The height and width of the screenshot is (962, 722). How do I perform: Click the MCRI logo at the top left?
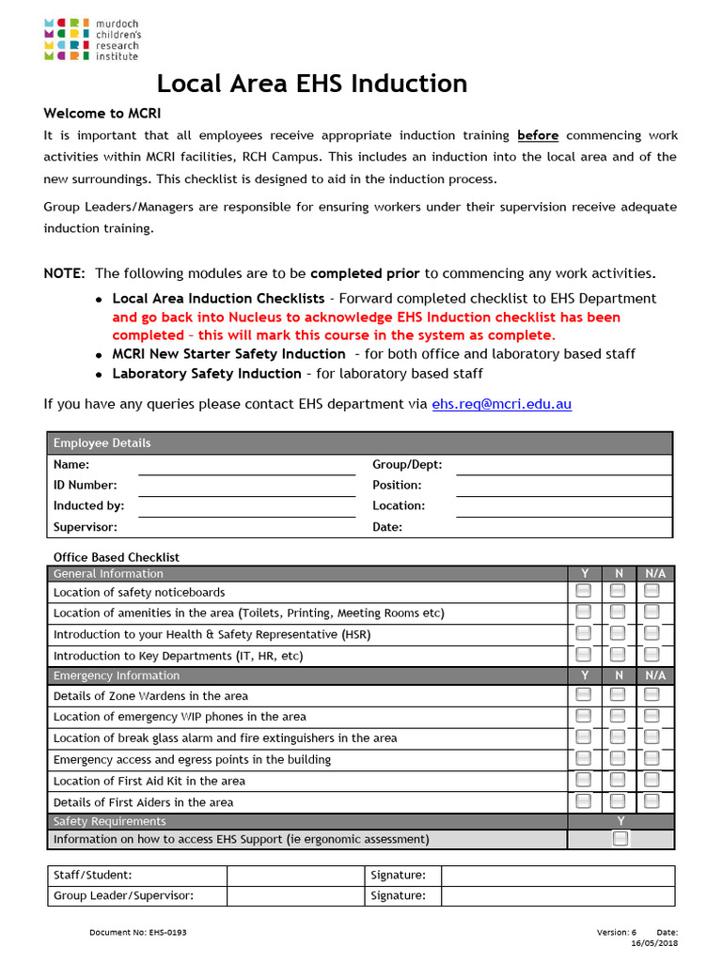pos(90,39)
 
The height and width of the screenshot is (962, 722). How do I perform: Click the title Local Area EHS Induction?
pos(311,84)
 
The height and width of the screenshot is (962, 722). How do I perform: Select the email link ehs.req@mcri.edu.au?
pos(501,404)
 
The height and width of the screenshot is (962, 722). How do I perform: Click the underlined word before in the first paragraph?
pos(538,135)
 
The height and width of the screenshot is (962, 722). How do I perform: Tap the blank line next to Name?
pos(246,465)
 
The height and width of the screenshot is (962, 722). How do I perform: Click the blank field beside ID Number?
pos(246,486)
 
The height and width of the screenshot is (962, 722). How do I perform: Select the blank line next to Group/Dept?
pos(564,465)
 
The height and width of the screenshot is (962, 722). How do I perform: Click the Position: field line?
pos(564,486)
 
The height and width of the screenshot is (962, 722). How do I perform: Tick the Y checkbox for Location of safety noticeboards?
pos(584,591)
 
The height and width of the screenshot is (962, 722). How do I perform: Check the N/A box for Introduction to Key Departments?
pos(651,655)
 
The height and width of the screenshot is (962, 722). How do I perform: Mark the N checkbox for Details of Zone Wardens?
pos(618,695)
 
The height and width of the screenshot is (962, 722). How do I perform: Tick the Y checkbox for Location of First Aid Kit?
pos(584,780)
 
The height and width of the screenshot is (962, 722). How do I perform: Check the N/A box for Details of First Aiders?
pos(651,801)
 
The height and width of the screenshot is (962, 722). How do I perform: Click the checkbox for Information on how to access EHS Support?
pos(620,839)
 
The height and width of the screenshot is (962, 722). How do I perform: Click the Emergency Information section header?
pos(117,675)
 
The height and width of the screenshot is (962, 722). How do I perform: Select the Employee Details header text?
pos(102,443)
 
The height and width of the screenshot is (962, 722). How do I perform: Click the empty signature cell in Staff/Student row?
pos(557,875)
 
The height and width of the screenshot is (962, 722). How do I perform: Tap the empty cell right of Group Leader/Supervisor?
pos(296,895)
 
